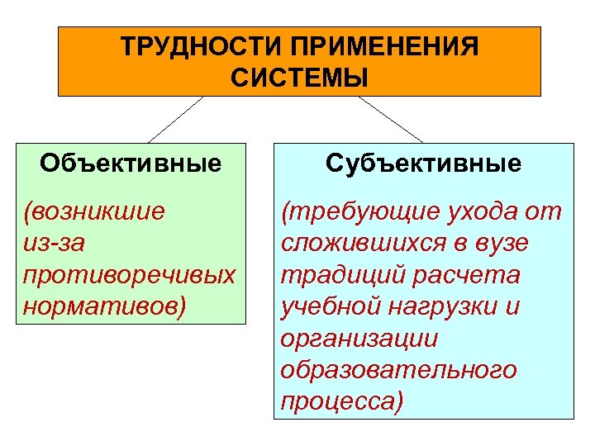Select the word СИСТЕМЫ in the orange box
pos(299,79)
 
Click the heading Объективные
pos(131,163)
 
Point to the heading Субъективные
pos(423,163)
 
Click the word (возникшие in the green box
pos(95,211)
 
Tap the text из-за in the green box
pos(54,244)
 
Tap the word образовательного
pos(399,370)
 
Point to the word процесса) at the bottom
pos(343,402)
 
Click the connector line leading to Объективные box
pos(176,119)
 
